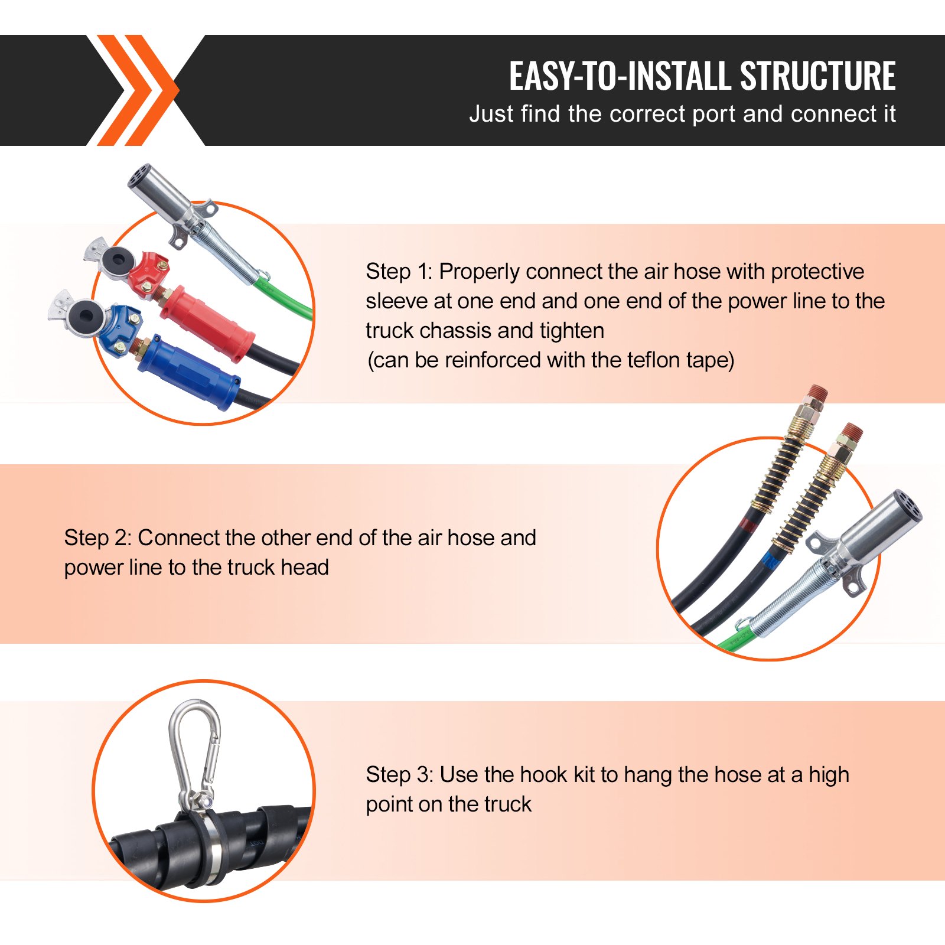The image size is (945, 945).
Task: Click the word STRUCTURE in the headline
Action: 817,76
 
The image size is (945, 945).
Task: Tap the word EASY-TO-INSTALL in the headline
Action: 620,76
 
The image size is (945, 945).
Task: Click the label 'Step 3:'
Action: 400,775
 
